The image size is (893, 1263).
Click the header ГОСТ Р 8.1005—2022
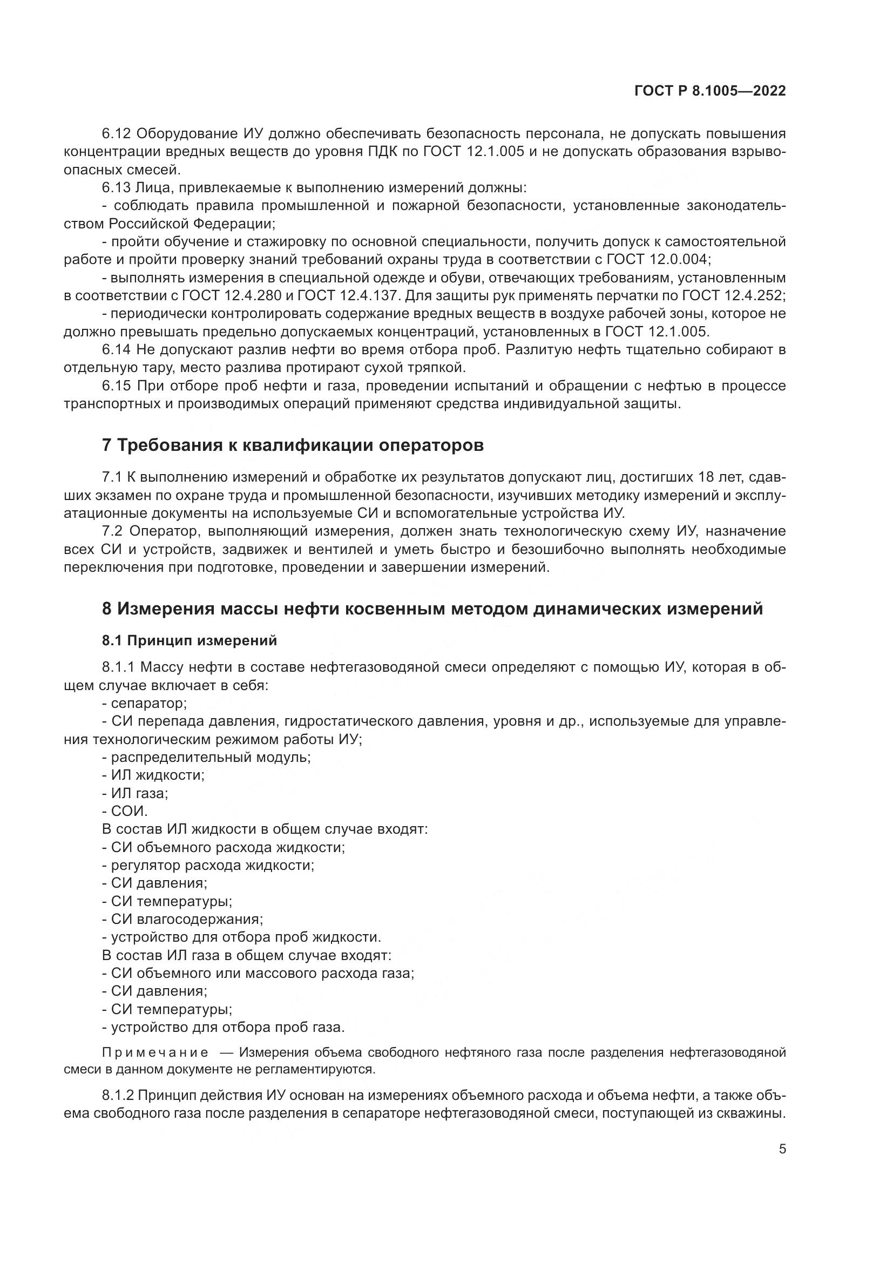pos(709,91)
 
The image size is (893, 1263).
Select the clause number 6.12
pos(116,134)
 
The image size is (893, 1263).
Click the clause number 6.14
pos(116,350)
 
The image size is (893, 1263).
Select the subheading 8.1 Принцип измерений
pos(189,640)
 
